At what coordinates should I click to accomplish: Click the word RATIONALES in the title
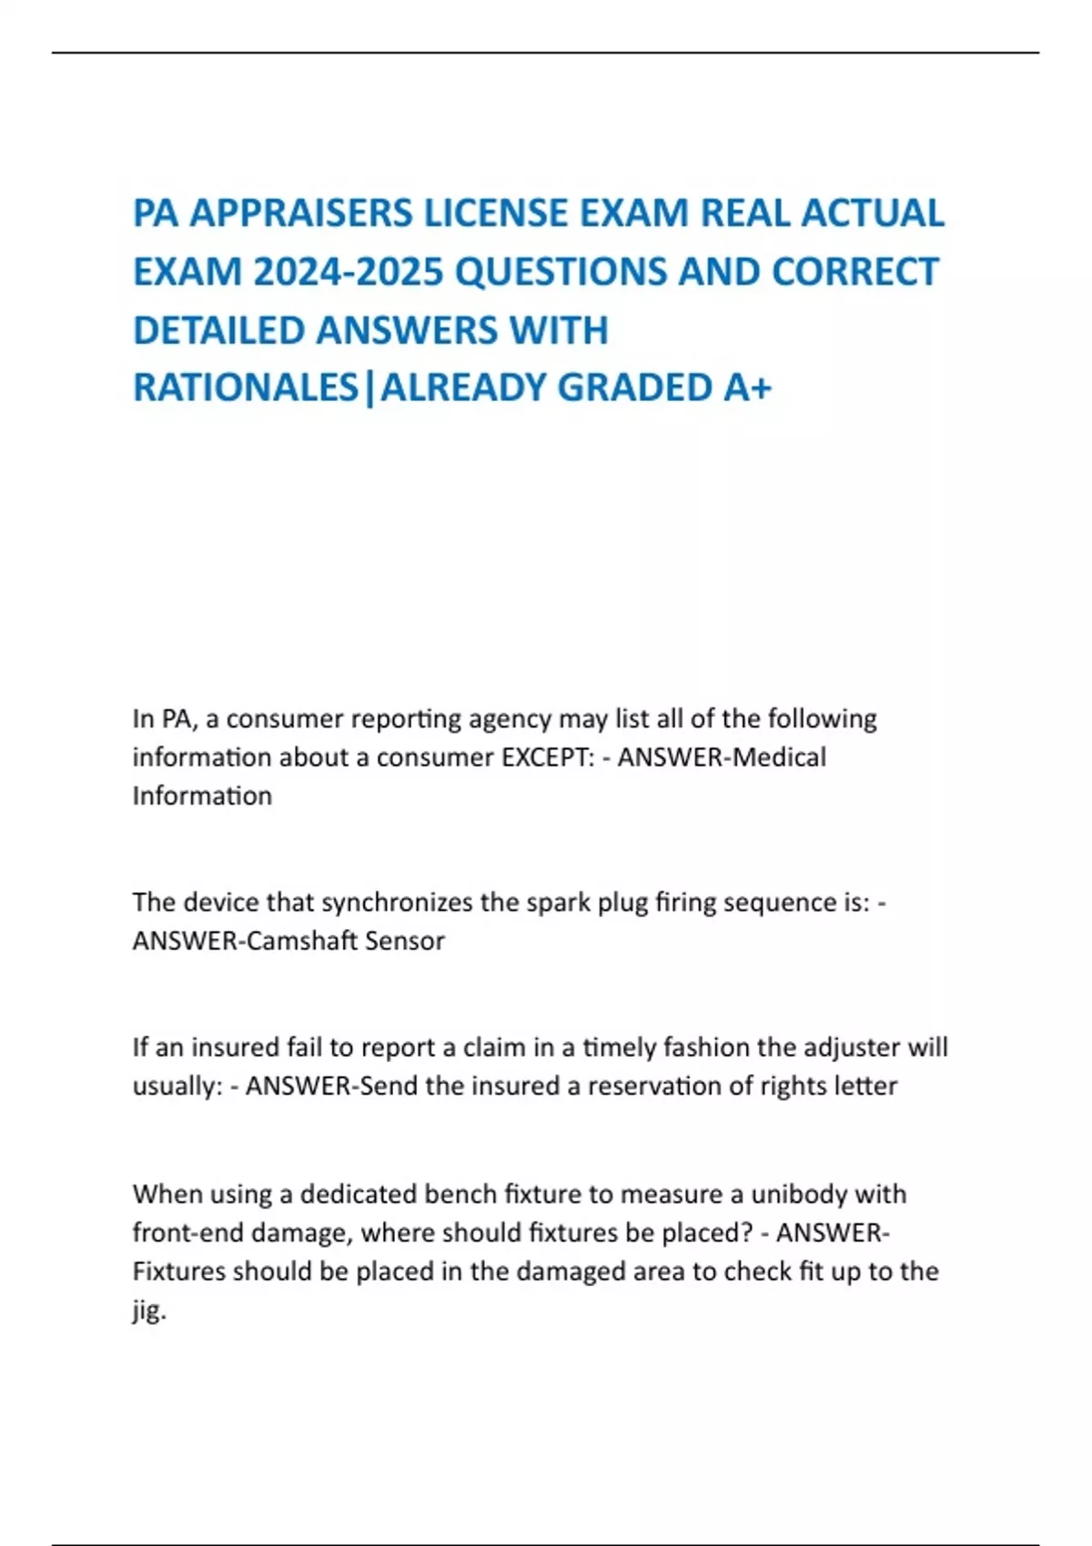pos(246,387)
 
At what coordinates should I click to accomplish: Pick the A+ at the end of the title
pos(747,387)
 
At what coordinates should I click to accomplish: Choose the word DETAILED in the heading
pos(217,330)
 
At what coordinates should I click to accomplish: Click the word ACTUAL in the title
pos(873,214)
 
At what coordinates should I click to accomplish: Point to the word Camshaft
pos(301,940)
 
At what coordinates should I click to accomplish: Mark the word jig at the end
pos(148,1310)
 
